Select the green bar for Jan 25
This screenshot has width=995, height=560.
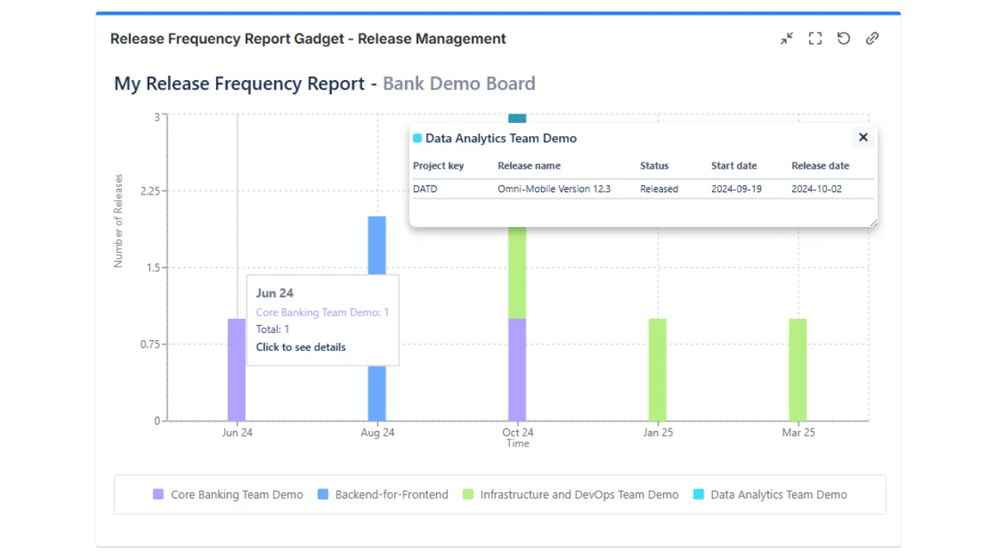click(x=658, y=369)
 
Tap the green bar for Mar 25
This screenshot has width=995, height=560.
click(x=798, y=369)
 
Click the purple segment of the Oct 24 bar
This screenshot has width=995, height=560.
click(x=517, y=369)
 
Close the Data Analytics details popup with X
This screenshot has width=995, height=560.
click(x=863, y=138)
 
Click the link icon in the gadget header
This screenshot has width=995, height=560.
click(x=872, y=38)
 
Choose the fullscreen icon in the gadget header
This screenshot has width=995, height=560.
click(x=815, y=38)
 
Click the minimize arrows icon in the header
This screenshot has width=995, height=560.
click(x=787, y=38)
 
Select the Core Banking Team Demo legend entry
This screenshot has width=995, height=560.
click(x=229, y=495)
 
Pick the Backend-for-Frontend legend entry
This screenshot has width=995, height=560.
click(x=383, y=495)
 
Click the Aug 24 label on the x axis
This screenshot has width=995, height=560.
click(x=377, y=432)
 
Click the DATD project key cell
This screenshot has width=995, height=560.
click(x=425, y=189)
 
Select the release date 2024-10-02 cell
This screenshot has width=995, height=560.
click(x=816, y=189)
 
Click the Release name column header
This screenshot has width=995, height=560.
click(x=529, y=166)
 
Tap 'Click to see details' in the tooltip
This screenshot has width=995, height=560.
click(x=301, y=347)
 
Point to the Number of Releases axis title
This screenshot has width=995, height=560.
click(x=119, y=221)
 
